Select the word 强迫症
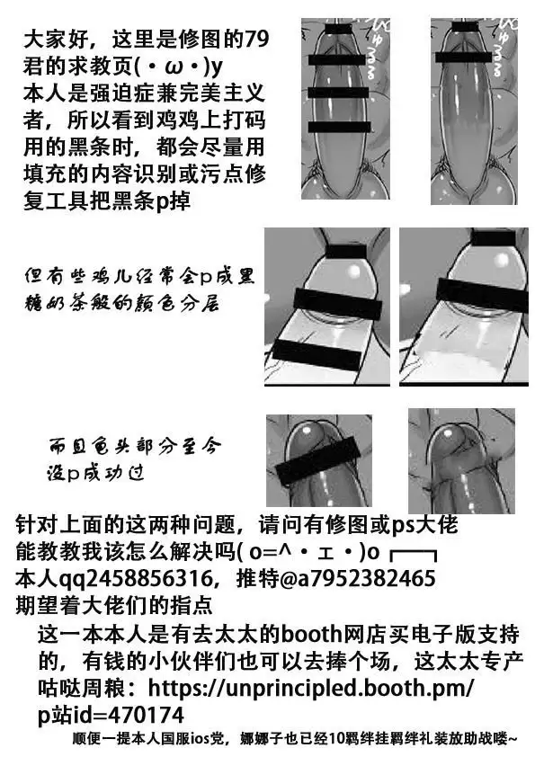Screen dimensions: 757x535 point(126,92)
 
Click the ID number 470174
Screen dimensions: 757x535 point(144,716)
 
